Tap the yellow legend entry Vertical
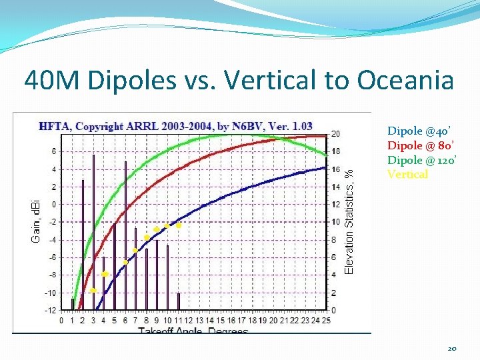[407, 175]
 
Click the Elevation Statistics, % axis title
[349, 219]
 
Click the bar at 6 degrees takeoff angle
[125, 237]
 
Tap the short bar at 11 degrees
[178, 302]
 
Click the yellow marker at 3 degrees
[93, 290]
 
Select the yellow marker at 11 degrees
[178, 225]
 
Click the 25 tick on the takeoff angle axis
[325, 321]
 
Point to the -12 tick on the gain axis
[51, 311]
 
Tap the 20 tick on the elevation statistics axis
[336, 133]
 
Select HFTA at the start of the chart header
[53, 126]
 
